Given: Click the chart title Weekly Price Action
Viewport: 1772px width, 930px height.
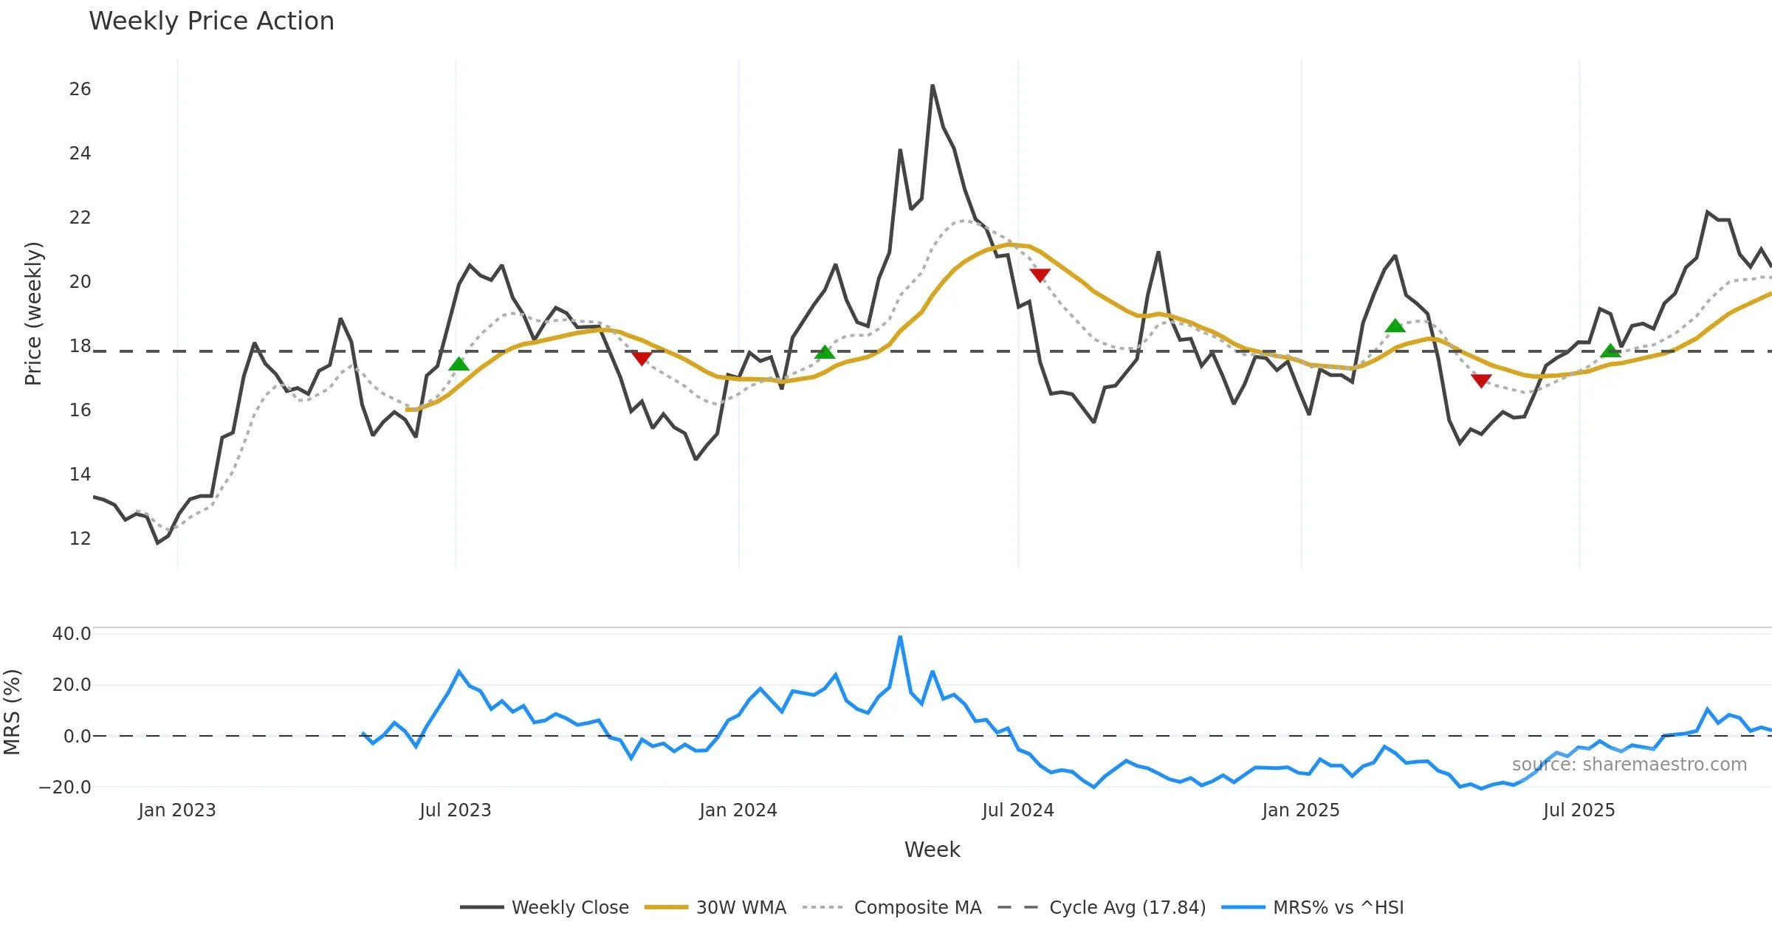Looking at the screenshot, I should (x=211, y=21).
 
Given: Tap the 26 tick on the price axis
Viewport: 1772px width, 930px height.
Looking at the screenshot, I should (x=80, y=89).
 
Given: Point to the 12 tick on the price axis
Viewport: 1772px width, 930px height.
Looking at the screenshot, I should (x=80, y=539).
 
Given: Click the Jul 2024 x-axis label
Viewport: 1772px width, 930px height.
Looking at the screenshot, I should (x=1017, y=810).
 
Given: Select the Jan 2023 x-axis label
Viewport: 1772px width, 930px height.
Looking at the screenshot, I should (x=176, y=810).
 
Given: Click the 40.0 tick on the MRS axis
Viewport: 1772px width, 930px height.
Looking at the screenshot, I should (x=72, y=634).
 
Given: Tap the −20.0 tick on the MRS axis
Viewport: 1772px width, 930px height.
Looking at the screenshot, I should (x=65, y=788).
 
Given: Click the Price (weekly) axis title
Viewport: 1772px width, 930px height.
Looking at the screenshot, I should (x=33, y=314).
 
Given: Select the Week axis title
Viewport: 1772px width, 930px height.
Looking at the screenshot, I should (x=932, y=850).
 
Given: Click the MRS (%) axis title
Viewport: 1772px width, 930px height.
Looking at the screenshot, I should (x=12, y=712).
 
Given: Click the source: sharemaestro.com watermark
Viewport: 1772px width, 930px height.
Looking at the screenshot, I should (x=1629, y=765).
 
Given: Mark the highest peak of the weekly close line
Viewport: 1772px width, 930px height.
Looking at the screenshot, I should (x=933, y=86).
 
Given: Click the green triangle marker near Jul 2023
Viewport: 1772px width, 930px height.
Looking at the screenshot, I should (x=459, y=364).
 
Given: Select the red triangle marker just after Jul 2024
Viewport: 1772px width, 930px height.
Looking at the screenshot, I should (x=1040, y=275).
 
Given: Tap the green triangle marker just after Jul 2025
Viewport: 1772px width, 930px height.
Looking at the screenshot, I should (x=1610, y=351).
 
